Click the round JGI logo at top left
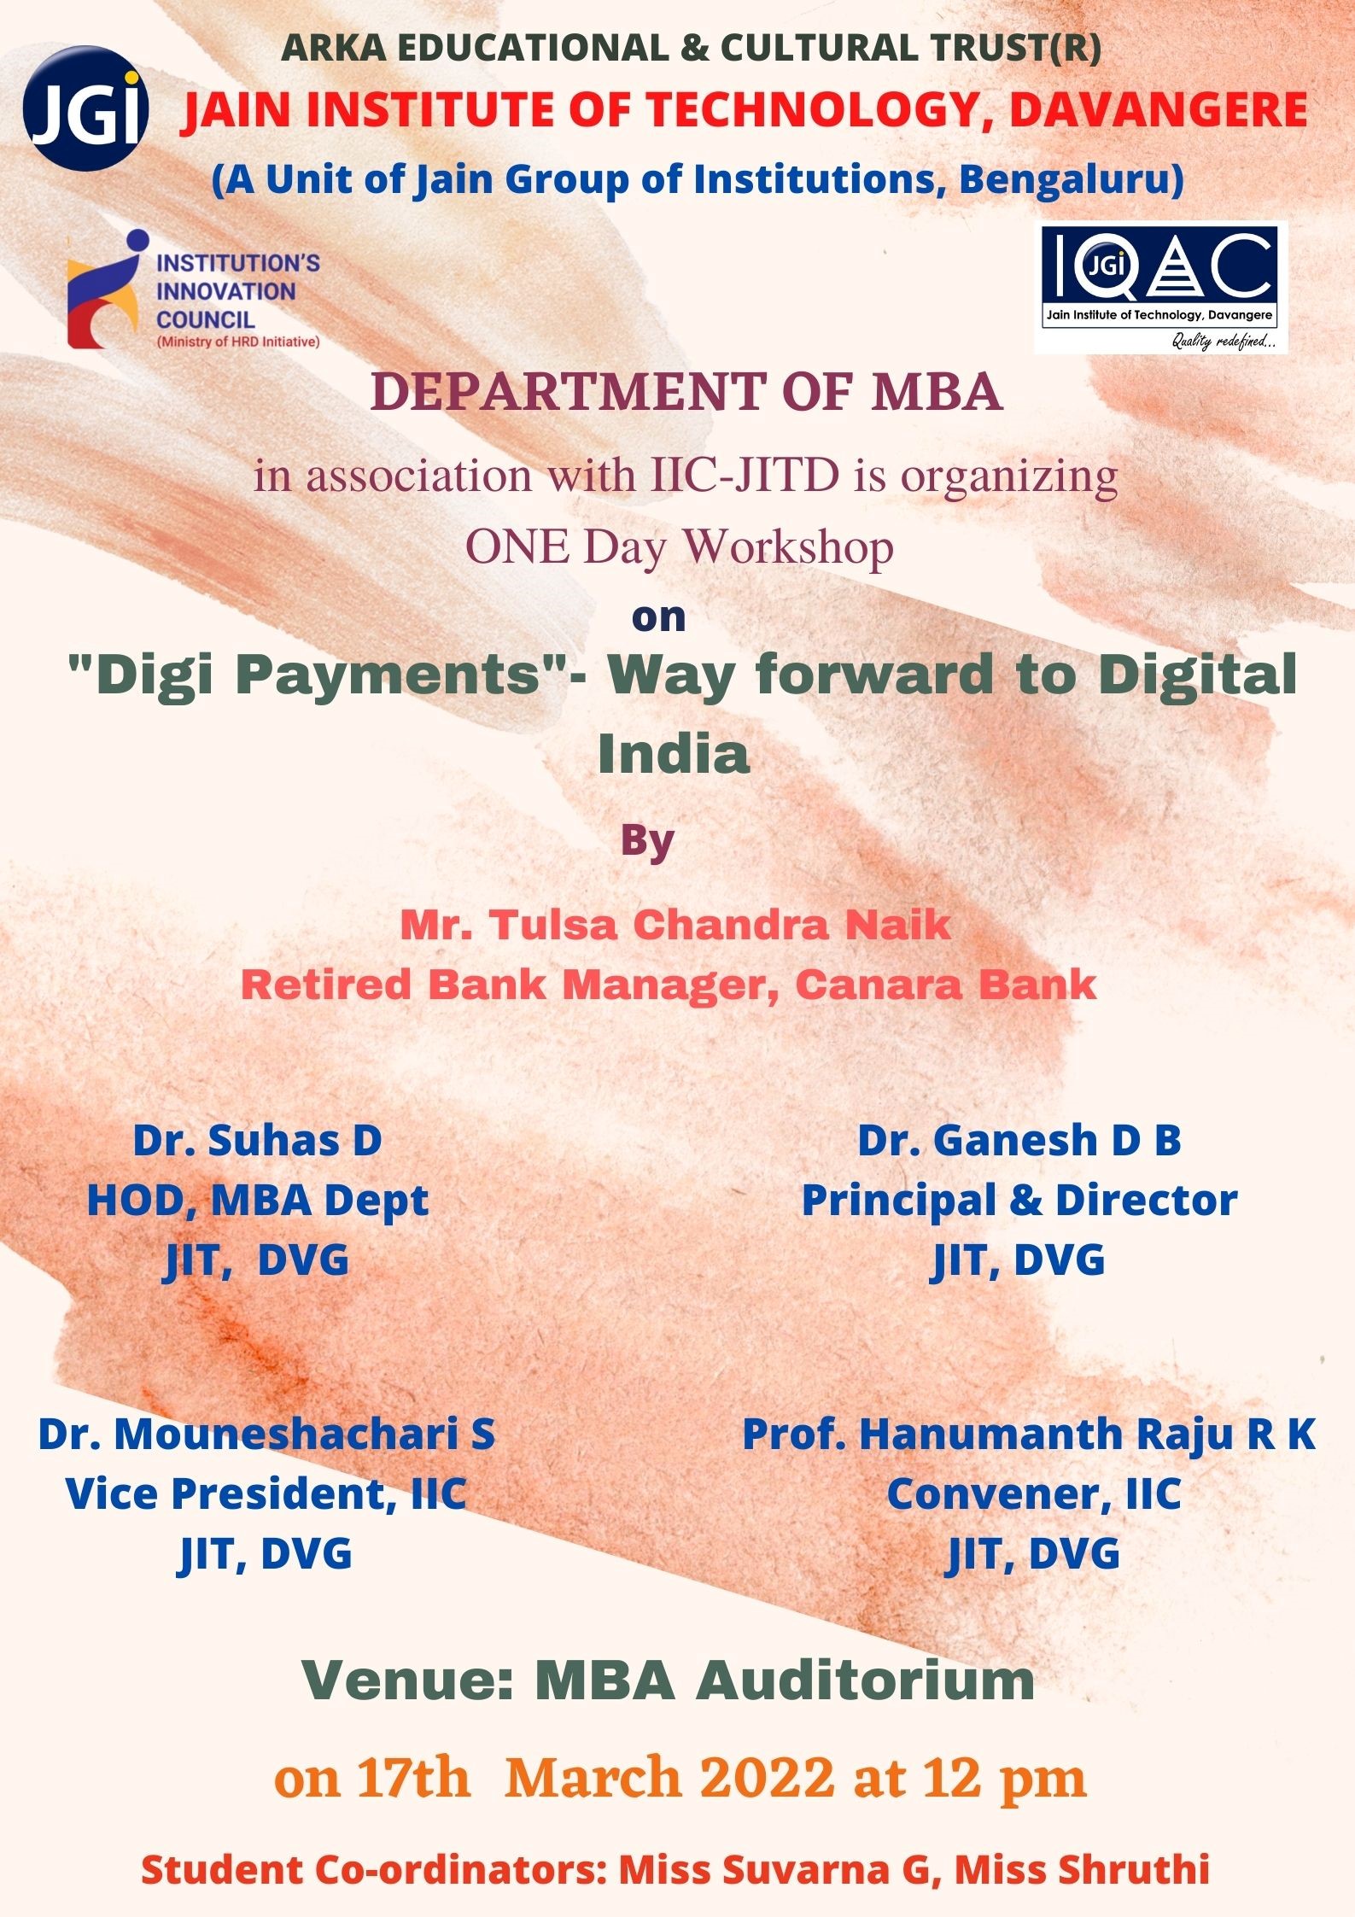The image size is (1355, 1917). pyautogui.click(x=85, y=108)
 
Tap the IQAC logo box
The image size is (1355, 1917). pyautogui.click(x=1160, y=288)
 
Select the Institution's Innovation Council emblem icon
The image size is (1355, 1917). pyautogui.click(x=105, y=289)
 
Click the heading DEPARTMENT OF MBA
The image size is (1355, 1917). pyautogui.click(x=686, y=392)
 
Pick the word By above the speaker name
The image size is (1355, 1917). pyautogui.click(x=648, y=841)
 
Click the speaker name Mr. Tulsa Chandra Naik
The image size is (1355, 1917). pyautogui.click(x=675, y=925)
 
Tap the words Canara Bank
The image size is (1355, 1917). pyautogui.click(x=946, y=985)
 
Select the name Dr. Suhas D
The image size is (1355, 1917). pyautogui.click(x=257, y=1141)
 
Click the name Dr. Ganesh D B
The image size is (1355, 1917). pyautogui.click(x=1019, y=1141)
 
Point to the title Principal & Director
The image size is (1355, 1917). pyautogui.click(x=1019, y=1201)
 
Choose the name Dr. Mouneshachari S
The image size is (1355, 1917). pyautogui.click(x=266, y=1434)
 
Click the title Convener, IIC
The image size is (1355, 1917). pyautogui.click(x=1034, y=1493)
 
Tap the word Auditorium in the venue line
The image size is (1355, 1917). pyautogui.click(x=866, y=1681)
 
